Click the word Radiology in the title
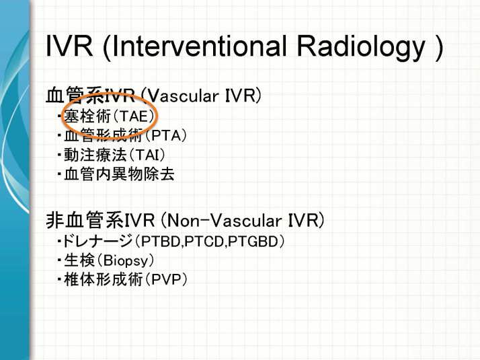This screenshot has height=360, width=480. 361,48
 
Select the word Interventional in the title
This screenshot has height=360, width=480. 199,46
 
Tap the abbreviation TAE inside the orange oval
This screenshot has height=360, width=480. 134,116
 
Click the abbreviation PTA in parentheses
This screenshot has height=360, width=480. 166,135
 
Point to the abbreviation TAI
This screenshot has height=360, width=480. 147,155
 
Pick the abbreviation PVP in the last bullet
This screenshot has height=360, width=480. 165,279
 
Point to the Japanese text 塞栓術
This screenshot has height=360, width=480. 87,116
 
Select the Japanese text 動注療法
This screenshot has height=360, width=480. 95,155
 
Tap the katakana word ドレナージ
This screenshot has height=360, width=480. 97,242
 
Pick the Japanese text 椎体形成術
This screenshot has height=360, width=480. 103,279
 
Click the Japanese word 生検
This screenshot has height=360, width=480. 79,261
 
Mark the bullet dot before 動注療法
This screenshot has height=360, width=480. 59,155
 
